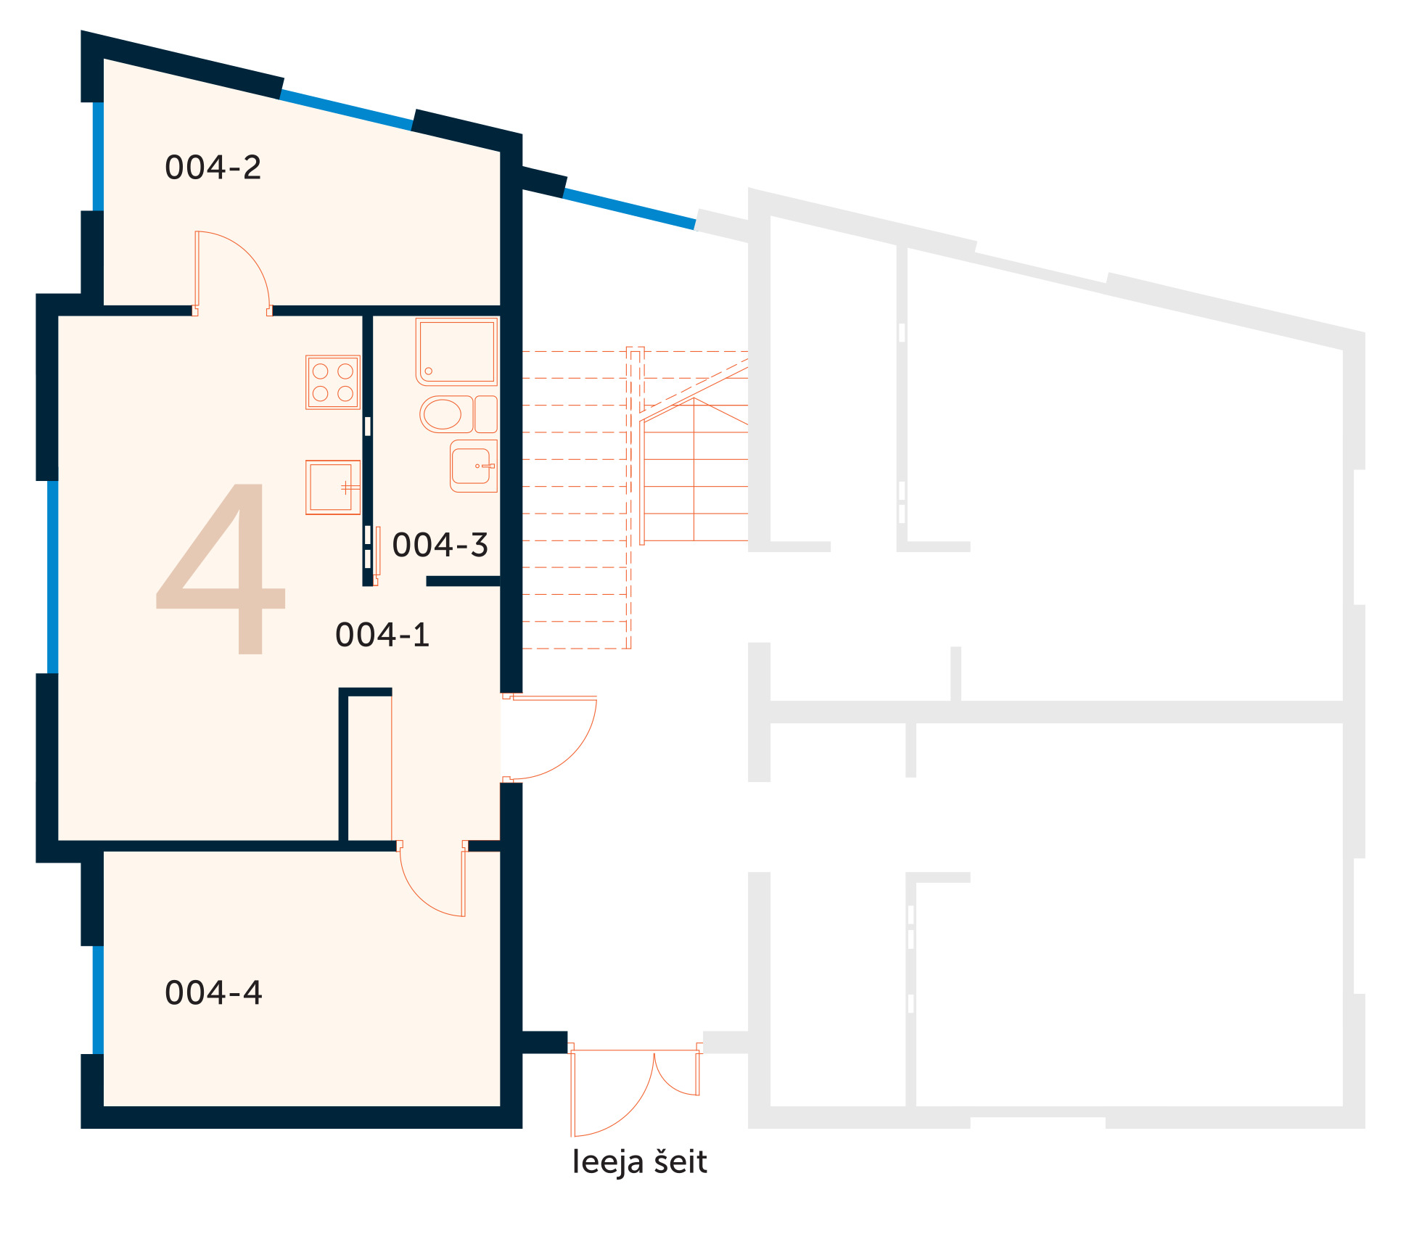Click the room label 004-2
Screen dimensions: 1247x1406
[213, 168]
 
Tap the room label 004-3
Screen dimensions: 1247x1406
[440, 545]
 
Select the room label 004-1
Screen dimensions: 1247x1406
[382, 635]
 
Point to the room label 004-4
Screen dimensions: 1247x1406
[213, 992]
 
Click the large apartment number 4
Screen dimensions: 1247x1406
[222, 569]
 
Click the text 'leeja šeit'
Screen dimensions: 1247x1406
[639, 1162]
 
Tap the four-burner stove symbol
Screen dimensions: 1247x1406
[333, 382]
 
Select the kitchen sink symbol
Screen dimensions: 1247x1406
[333, 487]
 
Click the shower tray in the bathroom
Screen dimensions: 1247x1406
[457, 352]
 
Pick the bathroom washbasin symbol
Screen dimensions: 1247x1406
[473, 466]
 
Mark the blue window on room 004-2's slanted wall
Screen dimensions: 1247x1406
[346, 110]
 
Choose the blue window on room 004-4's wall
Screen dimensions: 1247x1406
[98, 1000]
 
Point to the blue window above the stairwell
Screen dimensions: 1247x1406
[629, 209]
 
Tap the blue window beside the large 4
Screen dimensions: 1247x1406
[53, 577]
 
